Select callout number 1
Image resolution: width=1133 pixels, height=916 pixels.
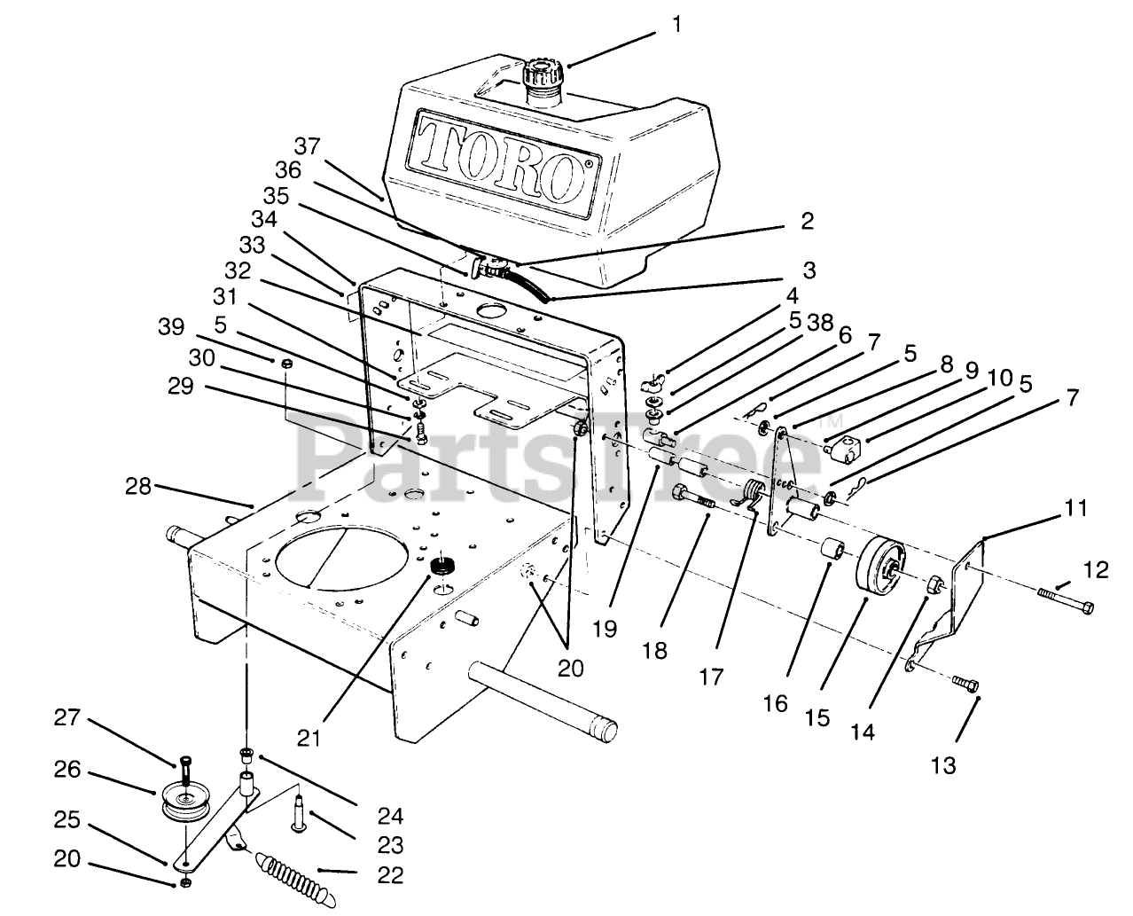tap(677, 25)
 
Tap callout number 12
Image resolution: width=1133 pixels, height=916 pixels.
tap(1097, 569)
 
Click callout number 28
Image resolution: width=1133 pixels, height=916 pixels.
tap(137, 485)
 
